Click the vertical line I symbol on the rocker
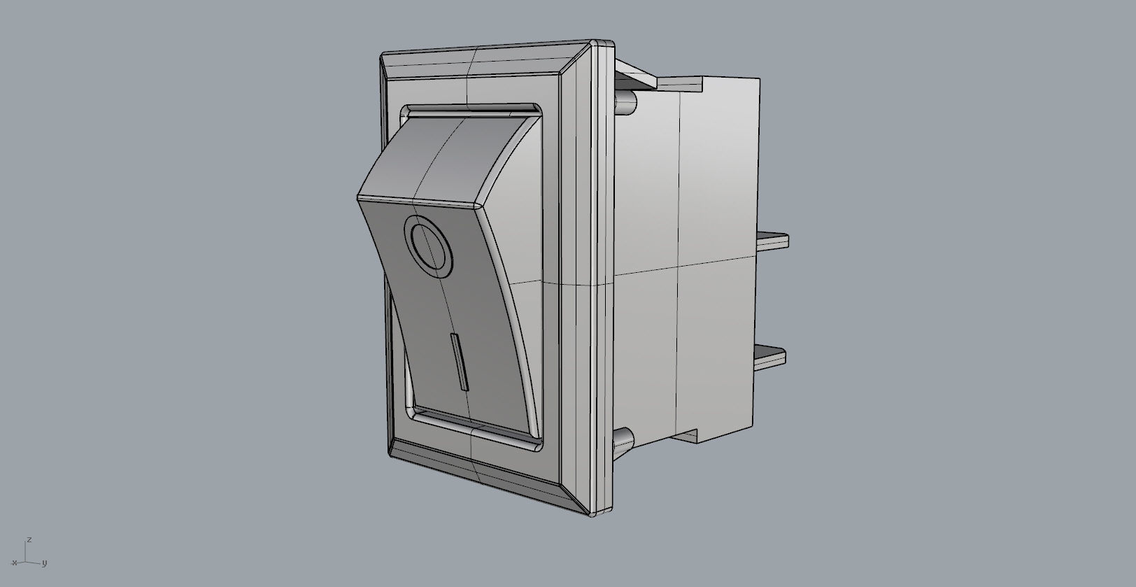(x=459, y=362)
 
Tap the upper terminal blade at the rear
(x=773, y=241)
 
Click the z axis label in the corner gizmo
(x=29, y=540)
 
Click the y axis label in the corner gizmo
(x=44, y=563)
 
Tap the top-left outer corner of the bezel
(x=383, y=55)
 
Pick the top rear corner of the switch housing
(x=758, y=80)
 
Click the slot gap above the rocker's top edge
(x=469, y=110)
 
